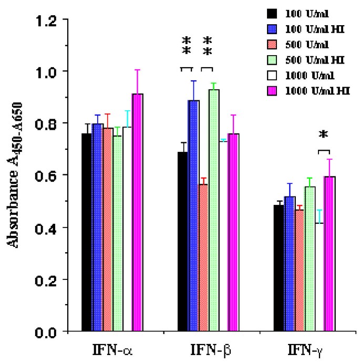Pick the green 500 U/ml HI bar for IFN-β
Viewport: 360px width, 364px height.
click(x=214, y=211)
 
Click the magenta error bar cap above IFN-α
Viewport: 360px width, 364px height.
click(x=138, y=70)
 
